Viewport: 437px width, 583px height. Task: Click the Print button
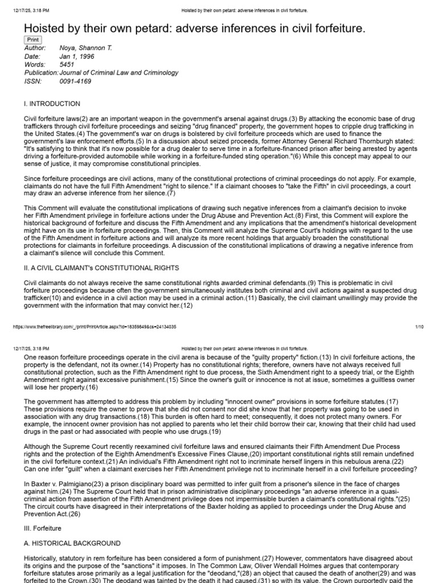pos(32,40)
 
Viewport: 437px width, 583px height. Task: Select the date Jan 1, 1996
pos(77,57)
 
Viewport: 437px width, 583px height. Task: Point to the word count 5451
pos(67,65)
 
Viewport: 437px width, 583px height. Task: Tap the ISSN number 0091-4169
pos(75,81)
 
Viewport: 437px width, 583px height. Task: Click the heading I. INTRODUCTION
pos(52,104)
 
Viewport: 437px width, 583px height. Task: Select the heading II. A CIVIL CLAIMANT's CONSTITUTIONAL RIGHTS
pos(101,268)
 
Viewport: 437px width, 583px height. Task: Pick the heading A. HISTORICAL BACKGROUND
pos(72,543)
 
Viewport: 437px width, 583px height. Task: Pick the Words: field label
pos(35,65)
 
